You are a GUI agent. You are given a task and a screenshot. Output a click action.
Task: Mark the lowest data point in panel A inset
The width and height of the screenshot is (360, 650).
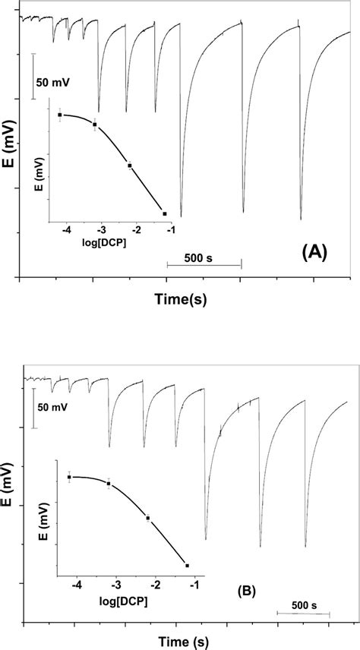click(x=164, y=214)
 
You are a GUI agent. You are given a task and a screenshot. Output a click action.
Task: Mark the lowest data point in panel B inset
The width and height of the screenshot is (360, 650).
click(x=187, y=565)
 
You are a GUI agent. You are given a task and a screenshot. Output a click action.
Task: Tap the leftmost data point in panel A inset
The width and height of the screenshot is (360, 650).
click(x=60, y=115)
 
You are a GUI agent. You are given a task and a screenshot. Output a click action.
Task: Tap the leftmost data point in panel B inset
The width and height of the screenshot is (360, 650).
click(x=69, y=477)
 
